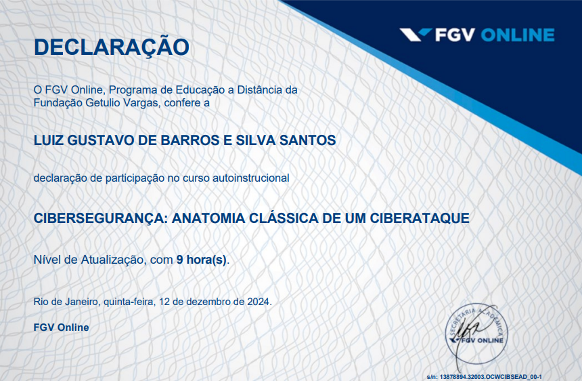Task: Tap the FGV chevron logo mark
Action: tap(414, 35)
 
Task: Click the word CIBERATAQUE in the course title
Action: tap(420, 218)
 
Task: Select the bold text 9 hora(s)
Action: tap(202, 259)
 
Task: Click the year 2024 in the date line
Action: tap(258, 302)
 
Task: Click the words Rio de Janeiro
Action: tap(66, 302)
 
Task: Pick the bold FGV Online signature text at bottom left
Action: tap(62, 327)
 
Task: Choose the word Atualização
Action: tap(111, 259)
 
